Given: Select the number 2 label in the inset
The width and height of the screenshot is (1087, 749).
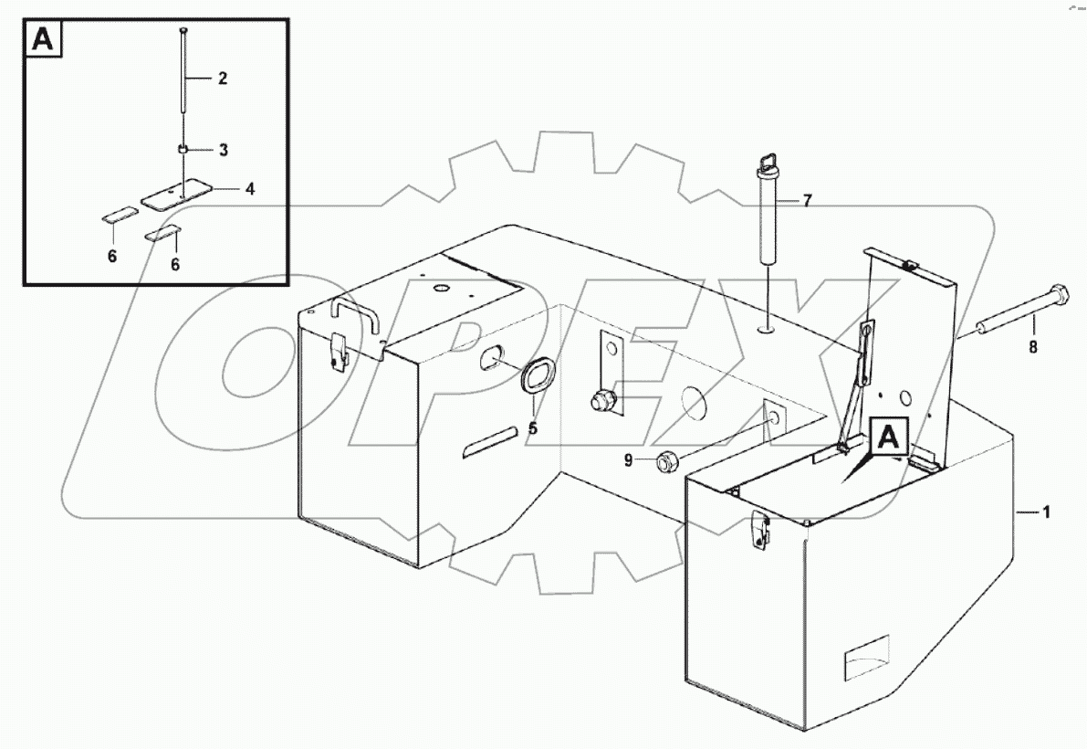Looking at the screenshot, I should pyautogui.click(x=222, y=79).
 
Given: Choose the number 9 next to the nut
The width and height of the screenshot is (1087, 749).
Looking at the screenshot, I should pyautogui.click(x=628, y=461).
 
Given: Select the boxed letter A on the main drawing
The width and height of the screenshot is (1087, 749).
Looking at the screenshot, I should pyautogui.click(x=888, y=438).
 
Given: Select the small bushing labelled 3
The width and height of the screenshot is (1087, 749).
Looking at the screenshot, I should pyautogui.click(x=183, y=148).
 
